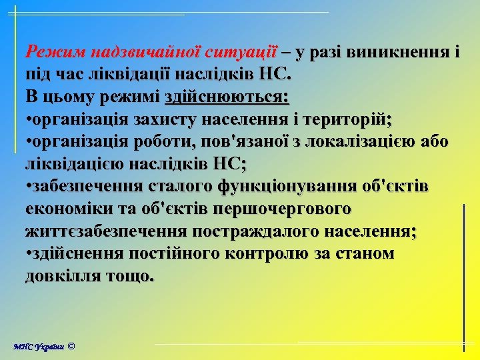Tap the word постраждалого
coord(251,231)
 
